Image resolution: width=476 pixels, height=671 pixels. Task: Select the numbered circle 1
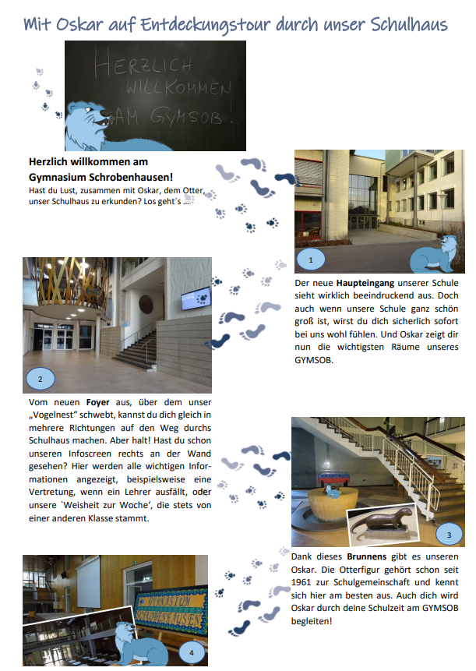(x=310, y=260)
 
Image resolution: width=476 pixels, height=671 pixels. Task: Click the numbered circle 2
(x=40, y=380)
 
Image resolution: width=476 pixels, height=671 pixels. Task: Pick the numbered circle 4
(x=191, y=652)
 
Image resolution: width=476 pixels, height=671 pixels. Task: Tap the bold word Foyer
(x=97, y=404)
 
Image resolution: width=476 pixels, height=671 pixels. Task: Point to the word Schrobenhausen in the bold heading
(x=131, y=177)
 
